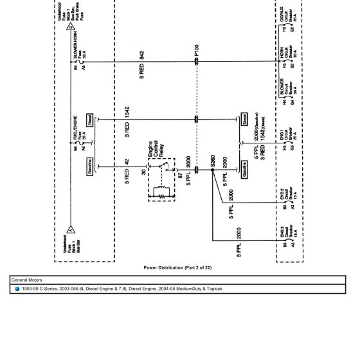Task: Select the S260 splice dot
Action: (x=212, y=172)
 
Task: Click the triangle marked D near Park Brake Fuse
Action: (x=71, y=27)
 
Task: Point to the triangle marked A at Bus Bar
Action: (x=69, y=230)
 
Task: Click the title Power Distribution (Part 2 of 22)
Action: (x=177, y=267)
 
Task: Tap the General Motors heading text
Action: (x=27, y=280)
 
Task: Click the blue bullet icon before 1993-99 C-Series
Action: (x=17, y=289)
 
